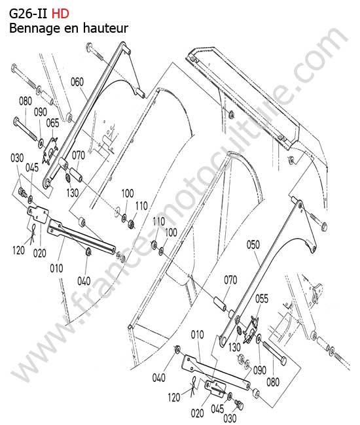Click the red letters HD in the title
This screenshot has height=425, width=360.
click(60, 14)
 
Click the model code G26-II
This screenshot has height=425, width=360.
click(28, 14)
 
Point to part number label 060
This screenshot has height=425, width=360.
click(77, 82)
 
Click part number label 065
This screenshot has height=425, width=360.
click(52, 123)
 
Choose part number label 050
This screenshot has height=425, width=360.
click(253, 245)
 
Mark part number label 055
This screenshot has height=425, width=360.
click(262, 299)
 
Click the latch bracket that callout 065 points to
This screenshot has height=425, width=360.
click(50, 150)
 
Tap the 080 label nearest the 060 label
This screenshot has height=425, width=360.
click(26, 101)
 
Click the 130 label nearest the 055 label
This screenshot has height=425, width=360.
click(234, 347)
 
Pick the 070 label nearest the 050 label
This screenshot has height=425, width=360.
click(230, 280)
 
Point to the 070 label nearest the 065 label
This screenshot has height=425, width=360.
click(79, 156)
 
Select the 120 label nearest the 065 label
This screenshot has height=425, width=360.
click(18, 250)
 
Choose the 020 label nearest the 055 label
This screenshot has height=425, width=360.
click(197, 413)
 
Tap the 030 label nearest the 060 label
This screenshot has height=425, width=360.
click(17, 158)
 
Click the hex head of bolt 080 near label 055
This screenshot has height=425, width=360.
click(282, 360)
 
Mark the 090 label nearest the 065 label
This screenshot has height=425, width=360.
click(40, 112)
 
